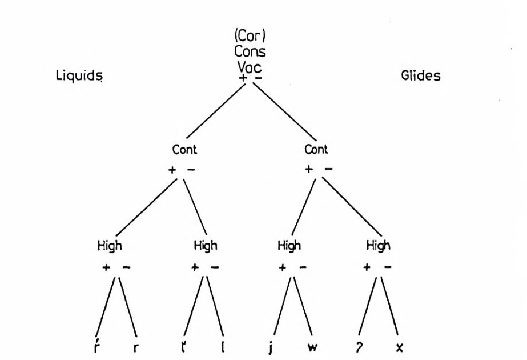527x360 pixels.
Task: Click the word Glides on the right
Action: pos(420,76)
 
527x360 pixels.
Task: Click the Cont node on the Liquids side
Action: pos(184,150)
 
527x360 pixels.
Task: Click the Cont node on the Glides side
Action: pos(316,150)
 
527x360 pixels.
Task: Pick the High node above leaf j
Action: pos(289,246)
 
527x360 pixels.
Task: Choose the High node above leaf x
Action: pos(378,246)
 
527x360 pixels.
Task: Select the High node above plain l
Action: pos(206,246)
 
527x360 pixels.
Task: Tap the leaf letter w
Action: pos(312,347)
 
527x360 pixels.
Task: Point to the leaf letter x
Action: pos(398,347)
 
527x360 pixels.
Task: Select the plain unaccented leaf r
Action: pos(135,347)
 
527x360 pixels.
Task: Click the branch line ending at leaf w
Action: pos(303,306)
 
